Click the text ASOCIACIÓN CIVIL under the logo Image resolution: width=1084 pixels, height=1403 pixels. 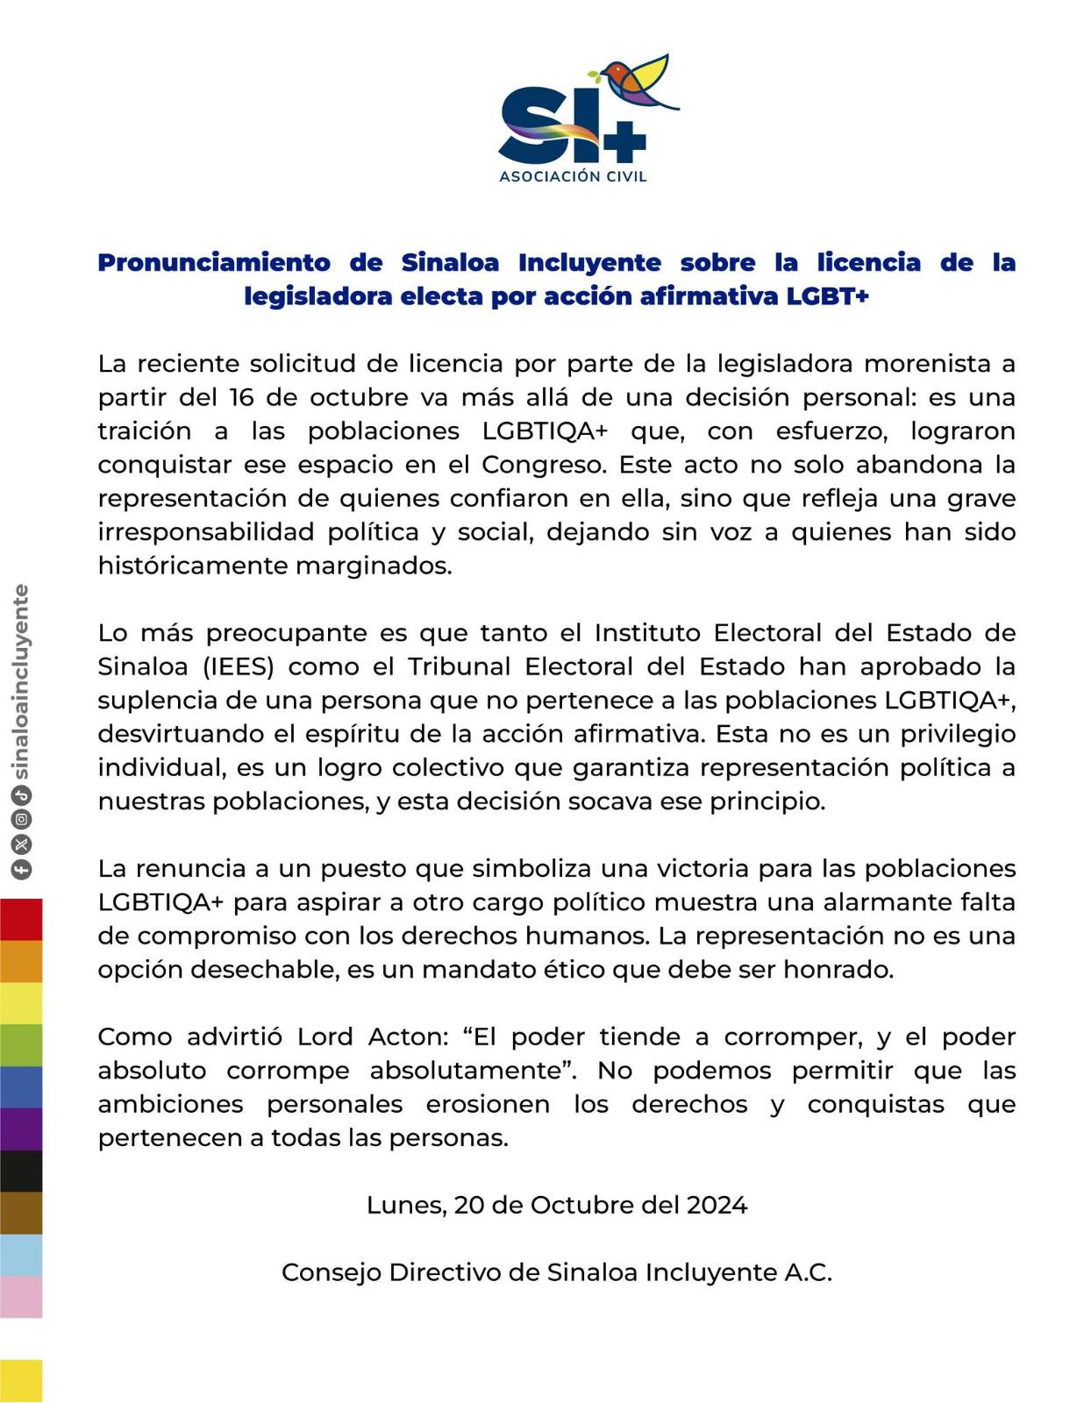tap(573, 176)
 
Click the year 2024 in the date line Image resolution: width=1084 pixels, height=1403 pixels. tap(717, 1205)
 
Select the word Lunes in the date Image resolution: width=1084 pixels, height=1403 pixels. tap(404, 1205)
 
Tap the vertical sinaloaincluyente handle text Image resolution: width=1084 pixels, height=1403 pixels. tap(21, 681)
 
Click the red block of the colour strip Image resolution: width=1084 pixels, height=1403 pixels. tap(21, 919)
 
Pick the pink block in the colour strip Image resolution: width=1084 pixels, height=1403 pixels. tap(21, 1296)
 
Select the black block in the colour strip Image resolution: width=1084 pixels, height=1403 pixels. tap(21, 1171)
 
